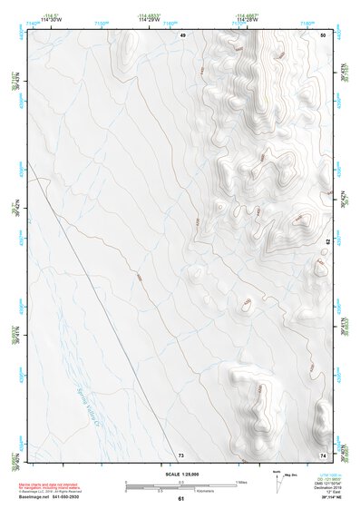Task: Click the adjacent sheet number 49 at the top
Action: [x=181, y=34]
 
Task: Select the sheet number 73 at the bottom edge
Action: [x=180, y=454]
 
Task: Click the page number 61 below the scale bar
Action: [x=180, y=499]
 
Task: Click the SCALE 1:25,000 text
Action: [x=180, y=475]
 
